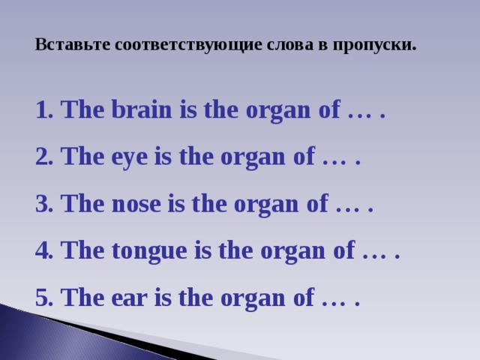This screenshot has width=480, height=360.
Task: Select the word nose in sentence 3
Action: pos(138,205)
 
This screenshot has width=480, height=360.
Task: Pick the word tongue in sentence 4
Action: pos(152,252)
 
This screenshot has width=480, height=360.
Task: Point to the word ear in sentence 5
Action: pos(130,298)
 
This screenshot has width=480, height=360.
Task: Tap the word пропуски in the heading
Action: pos(373,44)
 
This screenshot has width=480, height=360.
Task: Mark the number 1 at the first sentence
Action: pos(41,111)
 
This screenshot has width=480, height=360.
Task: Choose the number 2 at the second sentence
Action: pos(41,158)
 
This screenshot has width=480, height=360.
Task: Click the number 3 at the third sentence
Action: pos(41,205)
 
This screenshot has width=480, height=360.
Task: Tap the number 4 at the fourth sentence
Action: pos(41,252)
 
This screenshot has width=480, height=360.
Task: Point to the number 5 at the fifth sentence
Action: pos(41,298)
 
